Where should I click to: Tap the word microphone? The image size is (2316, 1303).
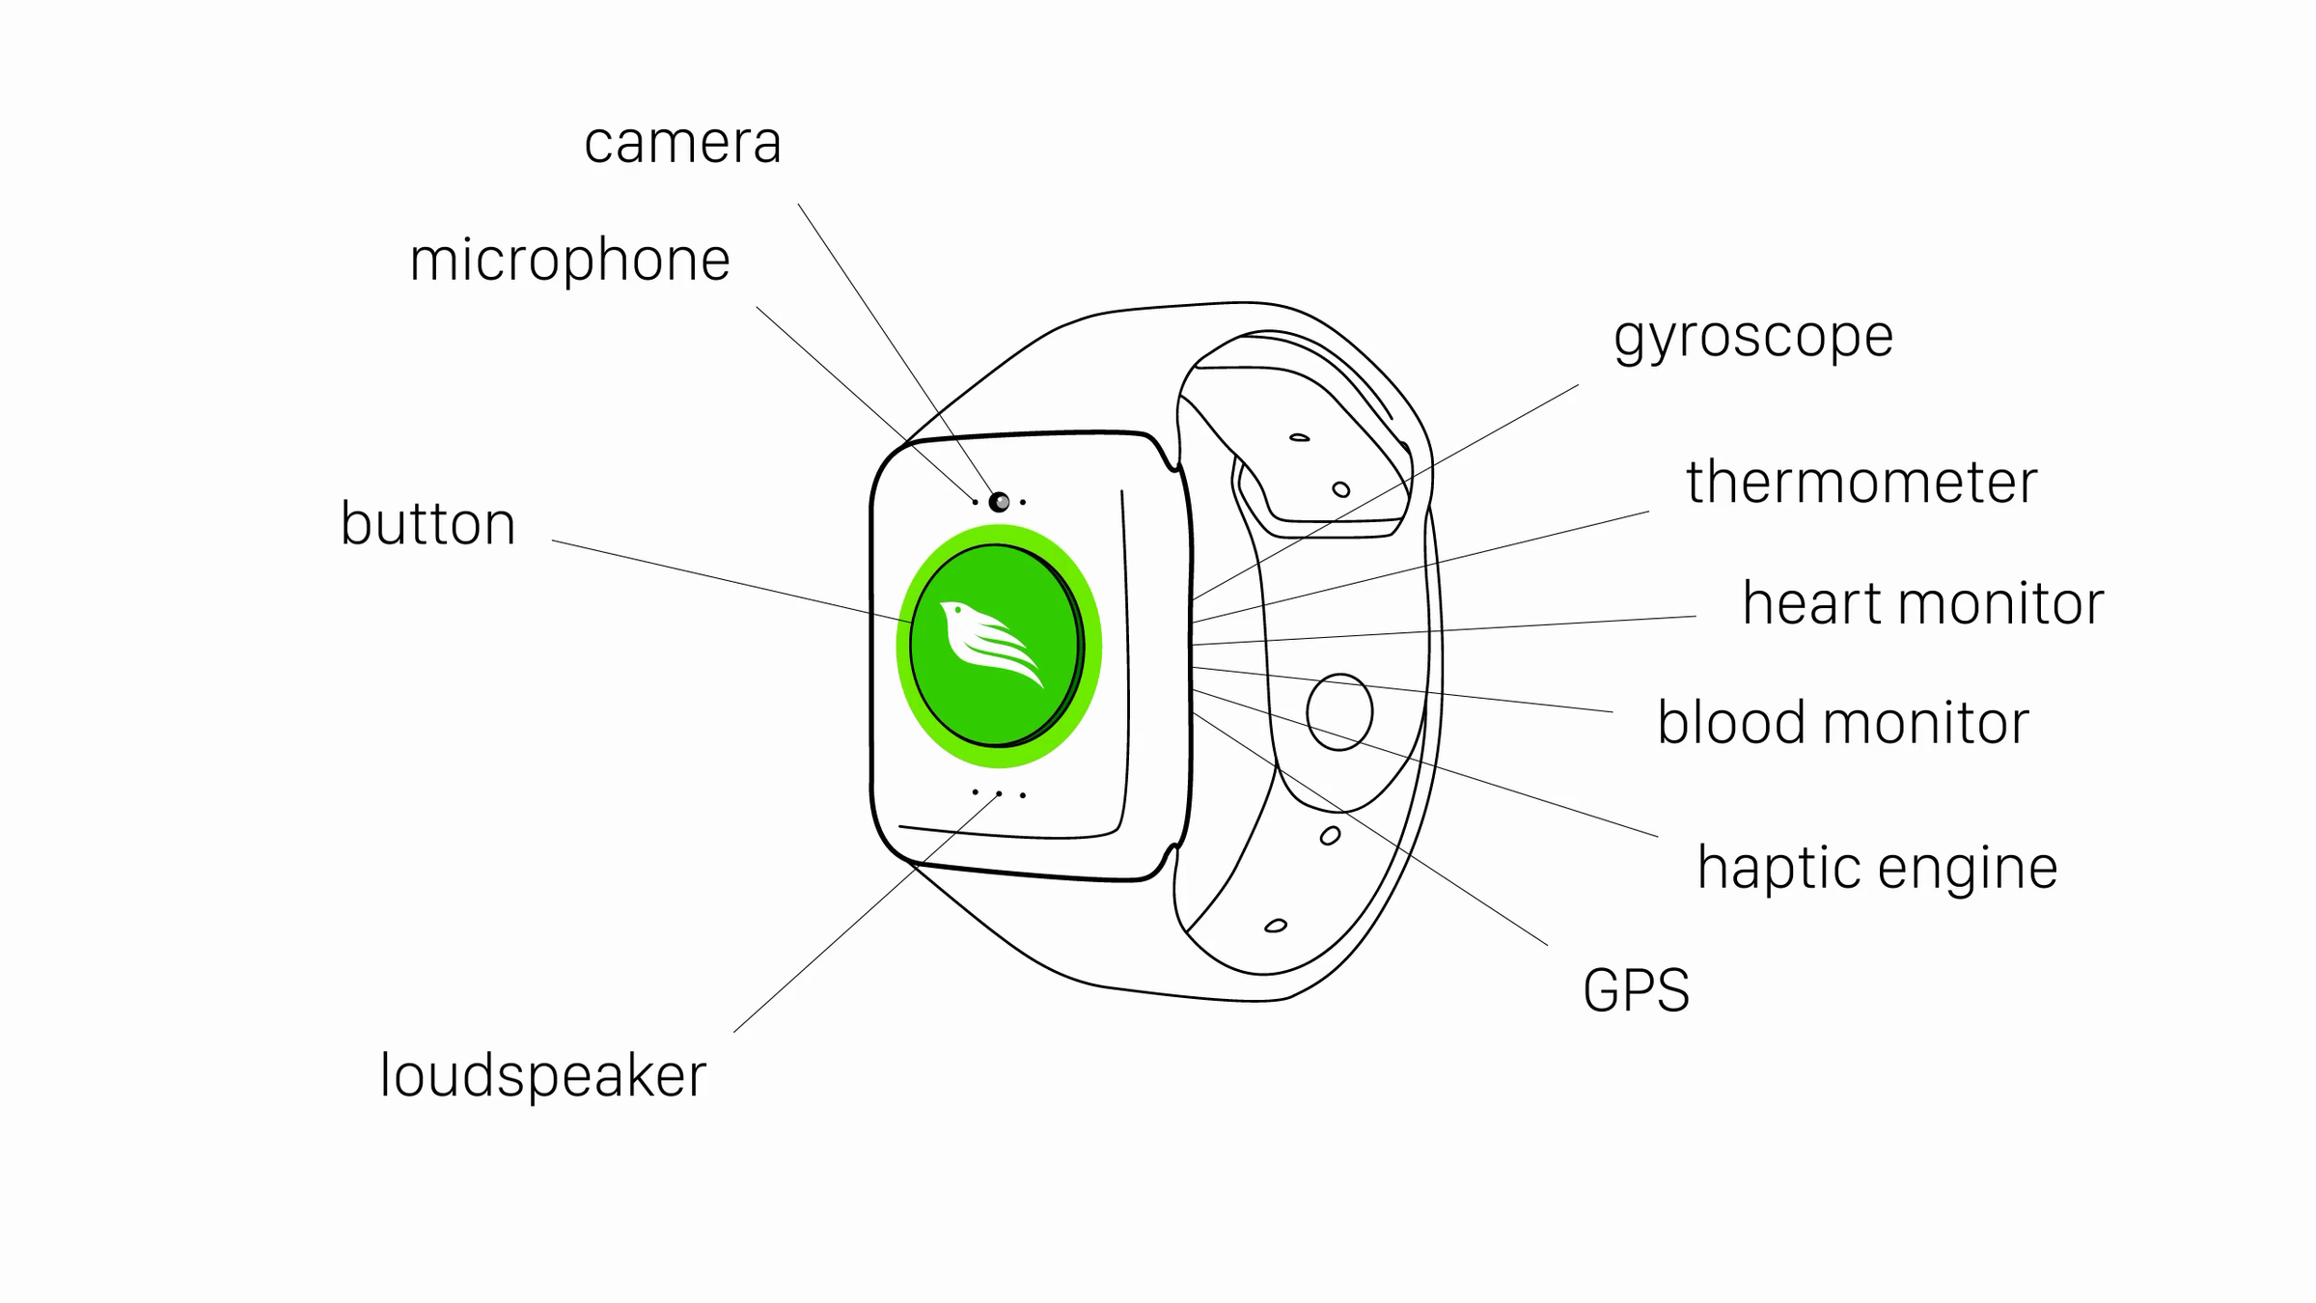[569, 261]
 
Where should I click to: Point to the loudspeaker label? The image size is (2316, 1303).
[543, 1075]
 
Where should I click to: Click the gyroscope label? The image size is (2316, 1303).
[1753, 338]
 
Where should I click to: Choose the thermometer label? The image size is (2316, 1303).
[1861, 482]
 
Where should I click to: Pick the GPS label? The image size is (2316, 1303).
[1637, 990]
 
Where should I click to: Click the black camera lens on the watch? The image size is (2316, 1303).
[999, 502]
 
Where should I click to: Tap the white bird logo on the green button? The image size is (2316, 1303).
[991, 643]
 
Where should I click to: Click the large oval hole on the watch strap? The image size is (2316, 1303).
[1339, 712]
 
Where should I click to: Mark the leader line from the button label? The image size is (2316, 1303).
[731, 581]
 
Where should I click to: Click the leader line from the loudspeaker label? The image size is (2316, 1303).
[866, 913]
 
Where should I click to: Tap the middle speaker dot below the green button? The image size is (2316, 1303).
[999, 793]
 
